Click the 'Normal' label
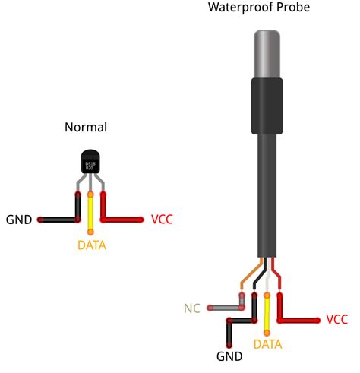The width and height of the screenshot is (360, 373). click(86, 127)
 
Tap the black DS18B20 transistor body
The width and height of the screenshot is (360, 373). click(90, 162)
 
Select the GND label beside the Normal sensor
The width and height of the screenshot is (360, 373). click(18, 220)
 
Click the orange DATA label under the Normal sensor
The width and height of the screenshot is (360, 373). click(91, 245)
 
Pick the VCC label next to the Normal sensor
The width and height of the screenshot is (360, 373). click(162, 220)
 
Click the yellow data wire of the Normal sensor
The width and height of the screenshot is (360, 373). click(90, 217)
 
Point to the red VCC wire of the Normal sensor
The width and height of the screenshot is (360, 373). click(122, 220)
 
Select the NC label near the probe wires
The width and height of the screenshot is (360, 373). click(191, 308)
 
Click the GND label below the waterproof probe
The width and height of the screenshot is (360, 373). click(229, 356)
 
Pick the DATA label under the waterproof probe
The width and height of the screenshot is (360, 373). click(267, 344)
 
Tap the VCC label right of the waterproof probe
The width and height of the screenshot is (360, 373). click(337, 320)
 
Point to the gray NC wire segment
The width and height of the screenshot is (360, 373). click(224, 308)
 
